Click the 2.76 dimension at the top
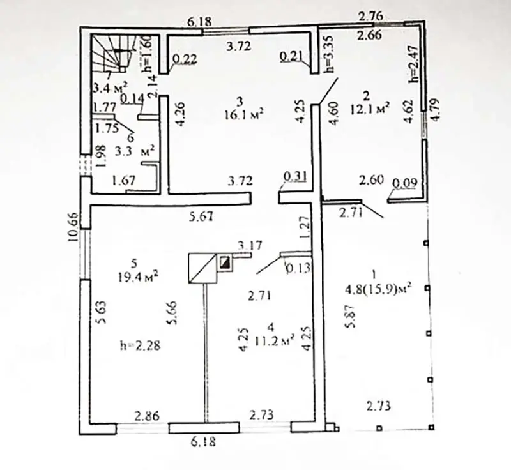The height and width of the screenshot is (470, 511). coord(370,16)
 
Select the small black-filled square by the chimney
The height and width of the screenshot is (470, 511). coord(225,262)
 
